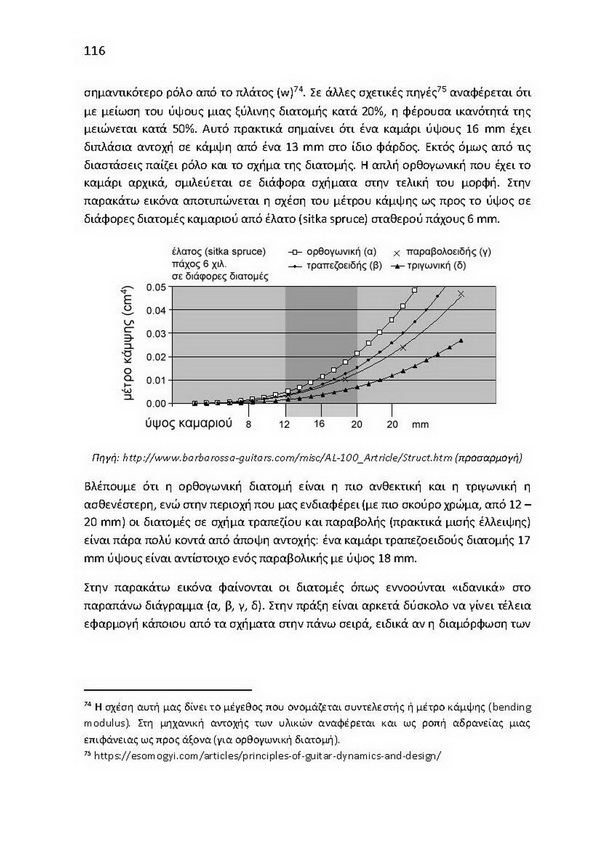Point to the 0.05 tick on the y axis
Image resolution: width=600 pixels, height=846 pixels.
pos(157,287)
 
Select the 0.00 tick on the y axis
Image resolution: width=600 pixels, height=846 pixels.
pos(157,403)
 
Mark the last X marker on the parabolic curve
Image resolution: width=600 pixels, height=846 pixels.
pos(461,294)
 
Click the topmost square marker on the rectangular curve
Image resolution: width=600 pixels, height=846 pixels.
pos(414,291)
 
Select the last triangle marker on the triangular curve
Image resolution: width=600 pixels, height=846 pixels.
pos(461,341)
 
